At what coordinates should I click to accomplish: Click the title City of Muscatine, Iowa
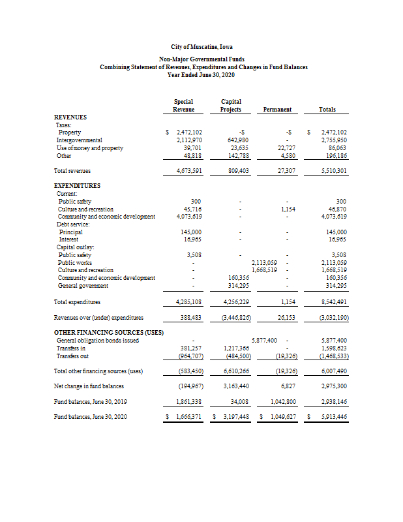(201, 48)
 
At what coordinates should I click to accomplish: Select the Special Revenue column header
(183, 106)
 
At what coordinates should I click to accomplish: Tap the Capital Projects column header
(231, 106)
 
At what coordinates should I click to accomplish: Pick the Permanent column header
(277, 110)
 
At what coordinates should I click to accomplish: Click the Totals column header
(327, 110)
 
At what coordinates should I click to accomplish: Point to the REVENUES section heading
(70, 117)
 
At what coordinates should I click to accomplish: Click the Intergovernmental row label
(80, 140)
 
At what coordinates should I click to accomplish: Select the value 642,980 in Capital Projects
(232, 140)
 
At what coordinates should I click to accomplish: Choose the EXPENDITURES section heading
(77, 186)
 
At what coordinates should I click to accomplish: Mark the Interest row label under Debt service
(68, 239)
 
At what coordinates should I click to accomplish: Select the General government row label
(84, 286)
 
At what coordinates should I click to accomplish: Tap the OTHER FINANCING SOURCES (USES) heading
(108, 332)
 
